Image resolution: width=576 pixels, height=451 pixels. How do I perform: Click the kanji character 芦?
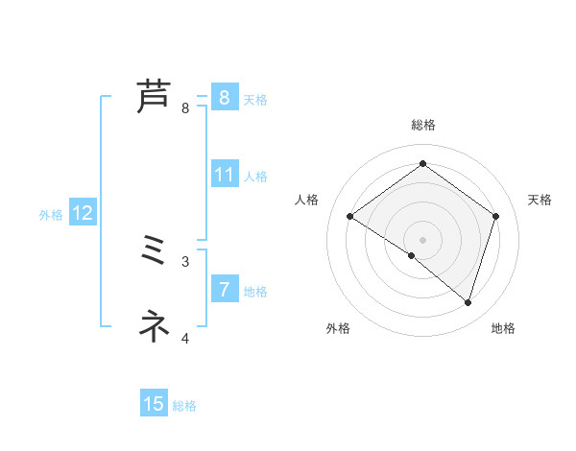(155, 98)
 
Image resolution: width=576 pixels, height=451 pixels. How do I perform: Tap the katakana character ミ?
(155, 251)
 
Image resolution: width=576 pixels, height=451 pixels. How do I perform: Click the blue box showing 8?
(225, 98)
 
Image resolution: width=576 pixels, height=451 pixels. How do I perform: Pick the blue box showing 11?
(225, 175)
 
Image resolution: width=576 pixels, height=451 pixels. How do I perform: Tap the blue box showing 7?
(225, 290)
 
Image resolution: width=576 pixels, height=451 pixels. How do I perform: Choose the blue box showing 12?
(83, 213)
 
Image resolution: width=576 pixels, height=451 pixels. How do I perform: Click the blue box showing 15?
(154, 404)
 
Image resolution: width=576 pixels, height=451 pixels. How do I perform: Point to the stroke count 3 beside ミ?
(185, 261)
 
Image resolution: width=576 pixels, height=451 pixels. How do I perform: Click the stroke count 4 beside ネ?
(185, 338)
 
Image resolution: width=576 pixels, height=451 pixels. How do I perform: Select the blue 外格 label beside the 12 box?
(51, 215)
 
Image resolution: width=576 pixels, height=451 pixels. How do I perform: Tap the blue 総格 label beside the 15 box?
(184, 406)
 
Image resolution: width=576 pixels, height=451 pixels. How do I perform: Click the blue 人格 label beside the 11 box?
(255, 177)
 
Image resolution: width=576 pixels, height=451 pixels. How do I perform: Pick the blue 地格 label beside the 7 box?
(255, 292)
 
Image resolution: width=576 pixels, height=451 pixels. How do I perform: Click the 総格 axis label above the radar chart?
(422, 125)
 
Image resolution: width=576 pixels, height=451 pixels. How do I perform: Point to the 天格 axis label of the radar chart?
(540, 200)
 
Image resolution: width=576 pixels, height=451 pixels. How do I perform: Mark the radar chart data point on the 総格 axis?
(422, 164)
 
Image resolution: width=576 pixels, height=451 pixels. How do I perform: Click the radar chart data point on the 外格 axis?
(412, 256)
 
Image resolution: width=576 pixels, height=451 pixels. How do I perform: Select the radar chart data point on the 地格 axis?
(468, 302)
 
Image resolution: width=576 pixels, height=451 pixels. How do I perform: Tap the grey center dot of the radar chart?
(422, 239)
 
